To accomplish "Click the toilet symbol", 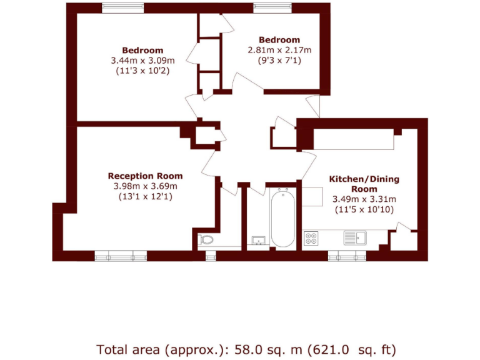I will pyautogui.click(x=207, y=239).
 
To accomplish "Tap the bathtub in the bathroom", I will pyautogui.click(x=282, y=219).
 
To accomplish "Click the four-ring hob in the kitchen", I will pyautogui.click(x=311, y=238).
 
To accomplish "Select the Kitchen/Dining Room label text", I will pyautogui.click(x=364, y=184).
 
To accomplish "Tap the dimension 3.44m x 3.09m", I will pyautogui.click(x=142, y=61).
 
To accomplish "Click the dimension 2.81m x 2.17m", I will pyautogui.click(x=279, y=51).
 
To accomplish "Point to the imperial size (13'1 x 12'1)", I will pyautogui.click(x=145, y=196).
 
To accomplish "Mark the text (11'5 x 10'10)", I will pyautogui.click(x=364, y=209).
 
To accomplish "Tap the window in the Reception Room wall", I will pyautogui.click(x=121, y=255).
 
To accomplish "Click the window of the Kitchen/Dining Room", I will pyautogui.click(x=346, y=255).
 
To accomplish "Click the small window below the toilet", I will pyautogui.click(x=211, y=255).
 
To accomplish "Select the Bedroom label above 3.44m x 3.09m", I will pyautogui.click(x=142, y=50).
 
